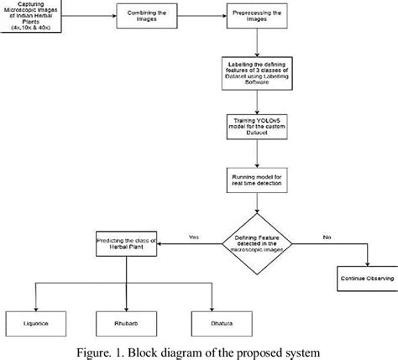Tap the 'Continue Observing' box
[x=362, y=276]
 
